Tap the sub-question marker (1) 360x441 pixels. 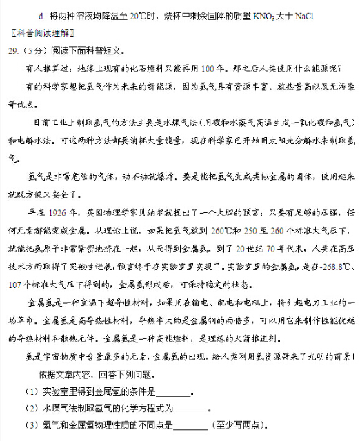31,393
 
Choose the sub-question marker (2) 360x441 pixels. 31,409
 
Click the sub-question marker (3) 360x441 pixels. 31,425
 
